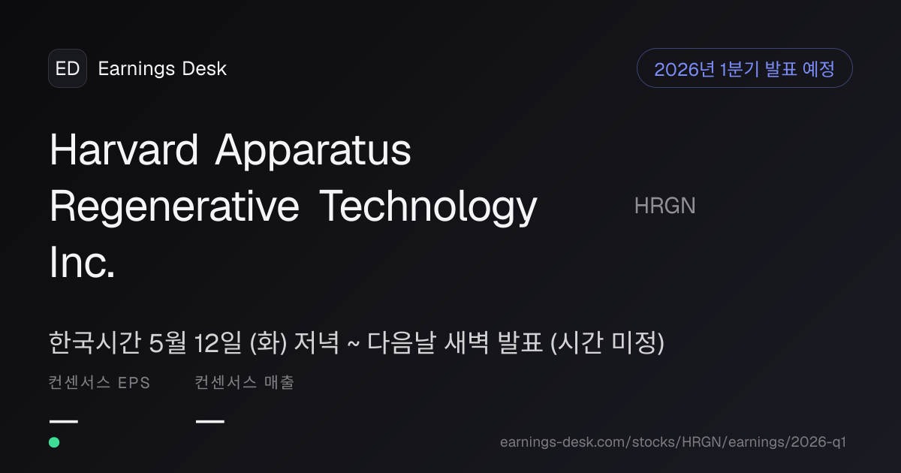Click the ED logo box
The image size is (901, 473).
point(68,68)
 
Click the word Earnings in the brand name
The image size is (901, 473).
point(137,69)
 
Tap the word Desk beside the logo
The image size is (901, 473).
point(204,68)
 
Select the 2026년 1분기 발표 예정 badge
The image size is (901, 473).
point(745,68)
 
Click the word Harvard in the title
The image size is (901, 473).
point(123,149)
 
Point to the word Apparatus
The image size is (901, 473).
point(313,150)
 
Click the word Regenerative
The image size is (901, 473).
point(174,206)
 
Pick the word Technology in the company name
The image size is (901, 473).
point(428,206)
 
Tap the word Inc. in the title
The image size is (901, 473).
point(82,262)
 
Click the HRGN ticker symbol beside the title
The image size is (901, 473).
point(665,206)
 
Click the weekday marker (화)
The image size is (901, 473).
point(268,343)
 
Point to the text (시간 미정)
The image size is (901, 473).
point(607,343)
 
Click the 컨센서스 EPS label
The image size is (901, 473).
point(99,382)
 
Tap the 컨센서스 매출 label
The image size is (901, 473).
point(245,382)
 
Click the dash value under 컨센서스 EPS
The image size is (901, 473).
point(64,421)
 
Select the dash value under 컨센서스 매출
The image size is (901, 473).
point(210,421)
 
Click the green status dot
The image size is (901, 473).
point(54,442)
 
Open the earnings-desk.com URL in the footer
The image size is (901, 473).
point(673,442)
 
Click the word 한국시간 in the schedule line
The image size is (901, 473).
point(95,343)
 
